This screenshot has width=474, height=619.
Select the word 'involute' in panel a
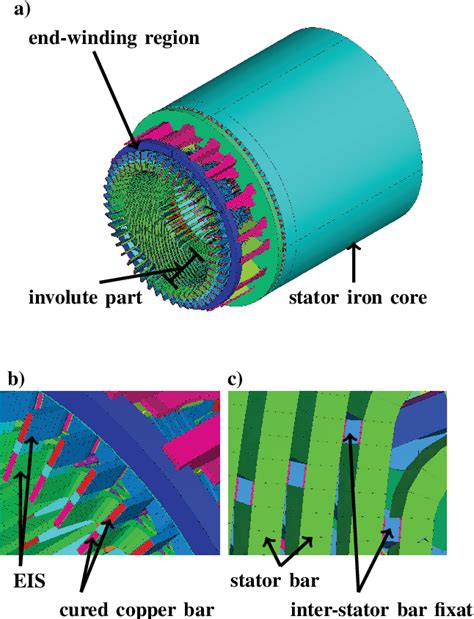click(59, 298)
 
